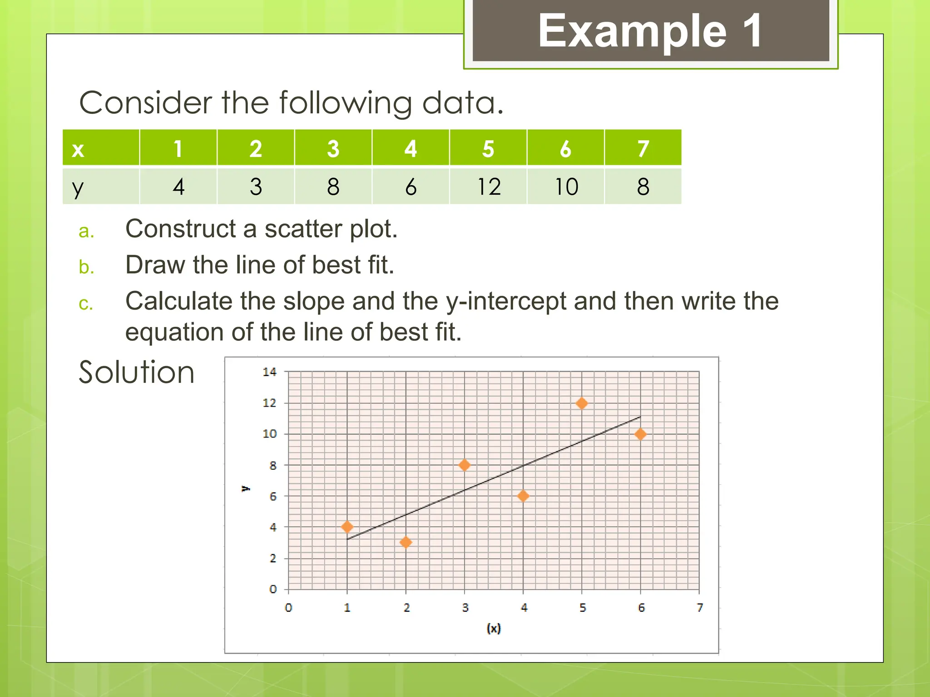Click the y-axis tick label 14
(x=269, y=372)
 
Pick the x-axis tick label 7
(x=700, y=607)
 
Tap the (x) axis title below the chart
(x=494, y=628)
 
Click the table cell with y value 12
(x=489, y=187)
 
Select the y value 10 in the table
(x=566, y=187)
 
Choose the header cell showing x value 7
(x=643, y=148)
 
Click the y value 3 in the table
(x=256, y=187)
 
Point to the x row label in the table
(x=78, y=149)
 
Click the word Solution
(x=137, y=372)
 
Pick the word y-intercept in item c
(x=506, y=302)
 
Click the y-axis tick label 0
(x=272, y=589)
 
